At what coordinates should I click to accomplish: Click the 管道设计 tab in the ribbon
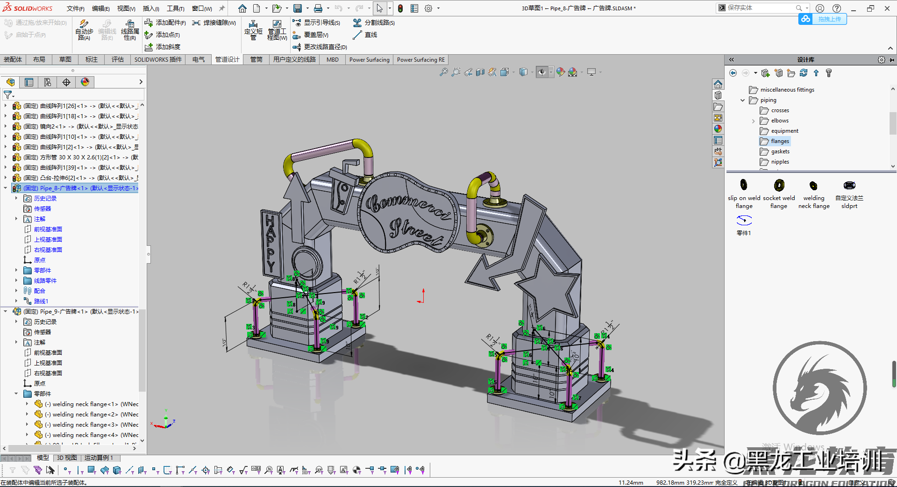(227, 59)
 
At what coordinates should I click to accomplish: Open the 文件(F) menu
(75, 8)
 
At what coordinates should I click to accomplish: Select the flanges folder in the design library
(779, 141)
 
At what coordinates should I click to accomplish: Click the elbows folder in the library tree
(779, 121)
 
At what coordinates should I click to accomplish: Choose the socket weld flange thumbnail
(779, 186)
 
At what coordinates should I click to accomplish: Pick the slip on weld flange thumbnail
(744, 185)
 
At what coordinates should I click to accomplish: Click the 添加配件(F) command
(165, 22)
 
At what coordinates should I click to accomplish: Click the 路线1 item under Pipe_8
(41, 301)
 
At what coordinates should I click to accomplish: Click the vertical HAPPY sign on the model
(271, 243)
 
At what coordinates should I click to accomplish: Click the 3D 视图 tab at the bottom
(67, 458)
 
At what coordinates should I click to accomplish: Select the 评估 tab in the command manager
(117, 59)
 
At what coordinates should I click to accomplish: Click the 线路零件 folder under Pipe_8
(45, 280)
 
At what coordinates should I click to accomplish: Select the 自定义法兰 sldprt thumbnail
(849, 186)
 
